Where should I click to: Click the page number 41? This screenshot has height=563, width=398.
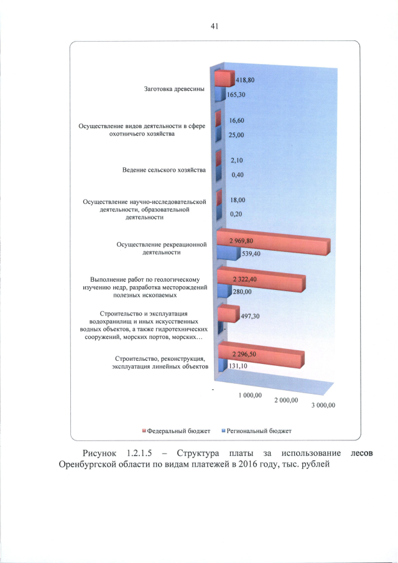coord(215,26)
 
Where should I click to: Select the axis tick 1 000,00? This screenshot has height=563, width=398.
coord(251,394)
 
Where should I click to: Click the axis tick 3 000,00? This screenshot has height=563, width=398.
coord(323,405)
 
